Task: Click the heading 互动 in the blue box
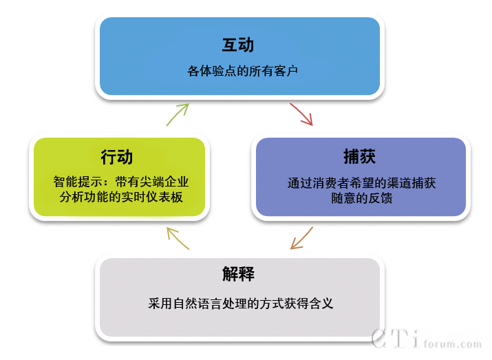(x=238, y=45)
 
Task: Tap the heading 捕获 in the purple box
(x=360, y=156)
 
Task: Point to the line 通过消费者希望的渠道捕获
(x=361, y=184)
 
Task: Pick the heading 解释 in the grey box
(x=238, y=273)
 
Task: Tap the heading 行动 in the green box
(x=116, y=157)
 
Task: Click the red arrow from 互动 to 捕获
(x=302, y=114)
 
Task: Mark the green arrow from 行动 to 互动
(x=178, y=114)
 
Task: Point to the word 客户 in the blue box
(x=286, y=70)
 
